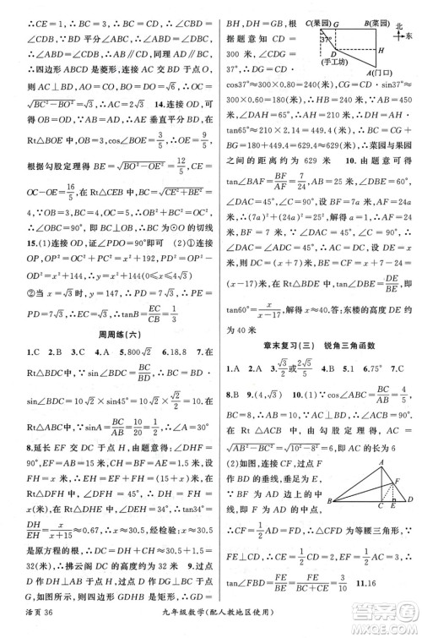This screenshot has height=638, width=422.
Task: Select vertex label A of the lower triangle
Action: [381, 461]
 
